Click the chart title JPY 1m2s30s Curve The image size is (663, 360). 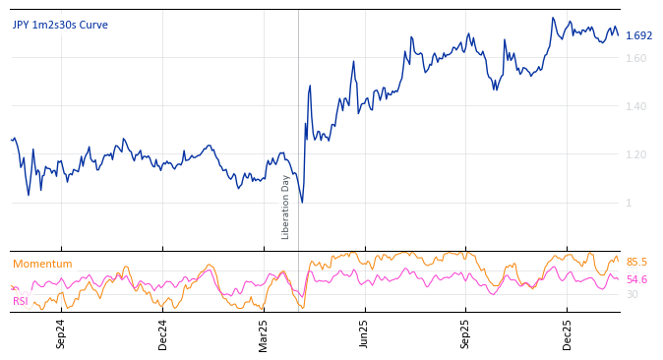pos(60,25)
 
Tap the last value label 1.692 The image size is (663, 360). pos(638,35)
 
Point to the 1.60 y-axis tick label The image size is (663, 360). pos(636,58)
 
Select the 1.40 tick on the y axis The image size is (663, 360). pos(636,106)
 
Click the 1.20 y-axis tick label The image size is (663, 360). pos(636,154)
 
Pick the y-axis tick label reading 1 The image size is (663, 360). pos(630,203)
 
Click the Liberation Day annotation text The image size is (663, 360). pos(286,207)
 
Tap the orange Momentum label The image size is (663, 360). pos(42,264)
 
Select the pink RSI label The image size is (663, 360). pos(20,301)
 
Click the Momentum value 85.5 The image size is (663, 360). pos(636,262)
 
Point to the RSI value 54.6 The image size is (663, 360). pos(636,279)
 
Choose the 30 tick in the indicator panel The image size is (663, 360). pos(632,294)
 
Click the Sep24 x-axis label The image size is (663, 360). pos(61,333)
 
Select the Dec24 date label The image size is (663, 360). pos(163,333)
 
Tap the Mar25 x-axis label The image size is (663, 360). pos(264,333)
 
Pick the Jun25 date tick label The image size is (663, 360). pos(365,333)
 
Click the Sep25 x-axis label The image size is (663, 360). pos(466,333)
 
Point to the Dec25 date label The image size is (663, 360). pos(568,333)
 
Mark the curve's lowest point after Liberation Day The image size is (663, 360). pos(302,203)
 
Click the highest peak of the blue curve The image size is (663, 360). pos(553,18)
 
